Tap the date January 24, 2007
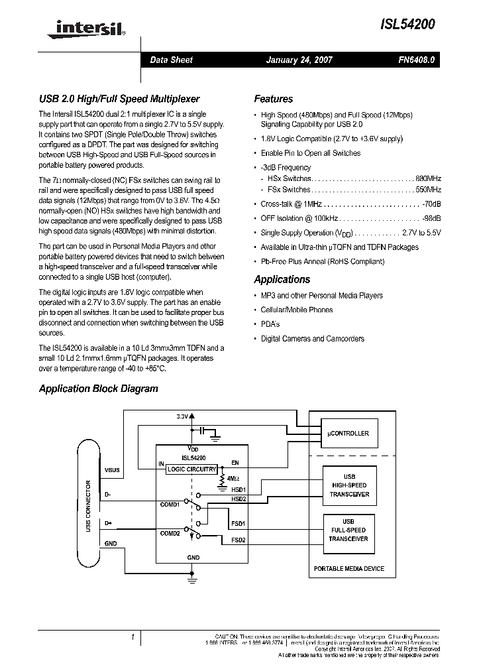[299, 60]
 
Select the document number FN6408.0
[416, 60]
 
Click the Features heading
[273, 99]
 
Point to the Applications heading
[282, 280]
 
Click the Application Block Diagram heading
[98, 389]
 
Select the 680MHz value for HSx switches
[428, 179]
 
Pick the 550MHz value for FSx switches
[428, 190]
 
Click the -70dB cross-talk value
[431, 204]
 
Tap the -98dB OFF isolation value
[431, 218]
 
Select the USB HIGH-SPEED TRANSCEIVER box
[348, 485]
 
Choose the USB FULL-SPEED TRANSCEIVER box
[348, 530]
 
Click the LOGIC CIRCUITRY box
[191, 469]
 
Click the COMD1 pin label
[170, 505]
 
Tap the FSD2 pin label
[238, 540]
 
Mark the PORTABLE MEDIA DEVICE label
[348, 569]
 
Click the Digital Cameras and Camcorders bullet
[312, 339]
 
